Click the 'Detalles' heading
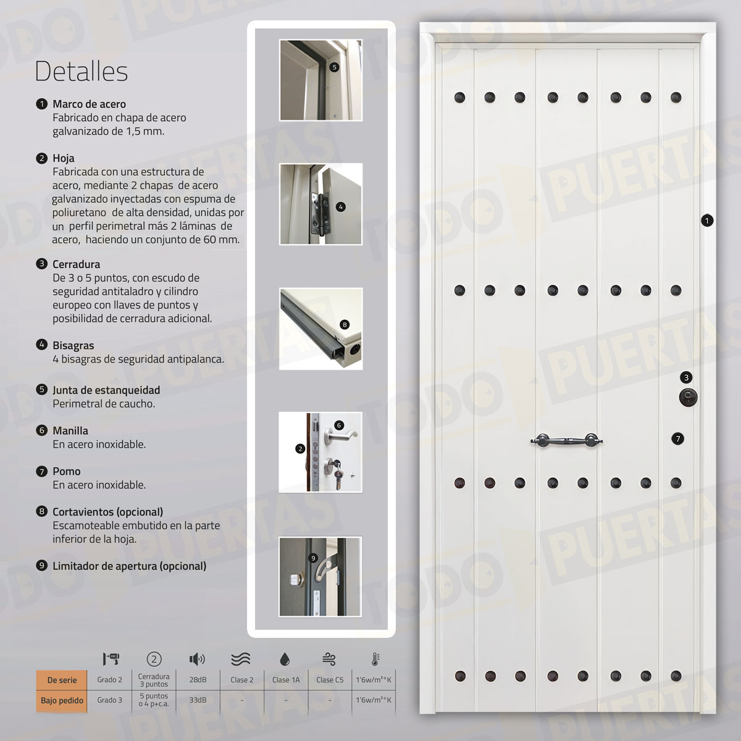click(81, 71)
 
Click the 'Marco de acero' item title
click(89, 104)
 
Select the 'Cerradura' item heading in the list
click(76, 264)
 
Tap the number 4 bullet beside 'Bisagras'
click(42, 345)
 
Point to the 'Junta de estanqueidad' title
click(106, 390)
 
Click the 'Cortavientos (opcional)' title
click(107, 511)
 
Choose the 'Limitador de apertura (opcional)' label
click(129, 566)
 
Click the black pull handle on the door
click(566, 441)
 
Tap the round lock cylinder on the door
click(687, 397)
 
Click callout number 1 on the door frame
click(707, 220)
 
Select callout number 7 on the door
click(678, 438)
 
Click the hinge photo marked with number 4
click(320, 204)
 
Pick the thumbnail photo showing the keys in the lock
click(320, 452)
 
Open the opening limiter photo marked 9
click(320, 576)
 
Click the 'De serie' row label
click(62, 680)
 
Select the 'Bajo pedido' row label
click(62, 700)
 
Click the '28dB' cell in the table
click(198, 680)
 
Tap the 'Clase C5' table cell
click(330, 680)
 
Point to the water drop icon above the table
click(285, 659)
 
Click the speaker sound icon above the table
click(197, 659)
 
